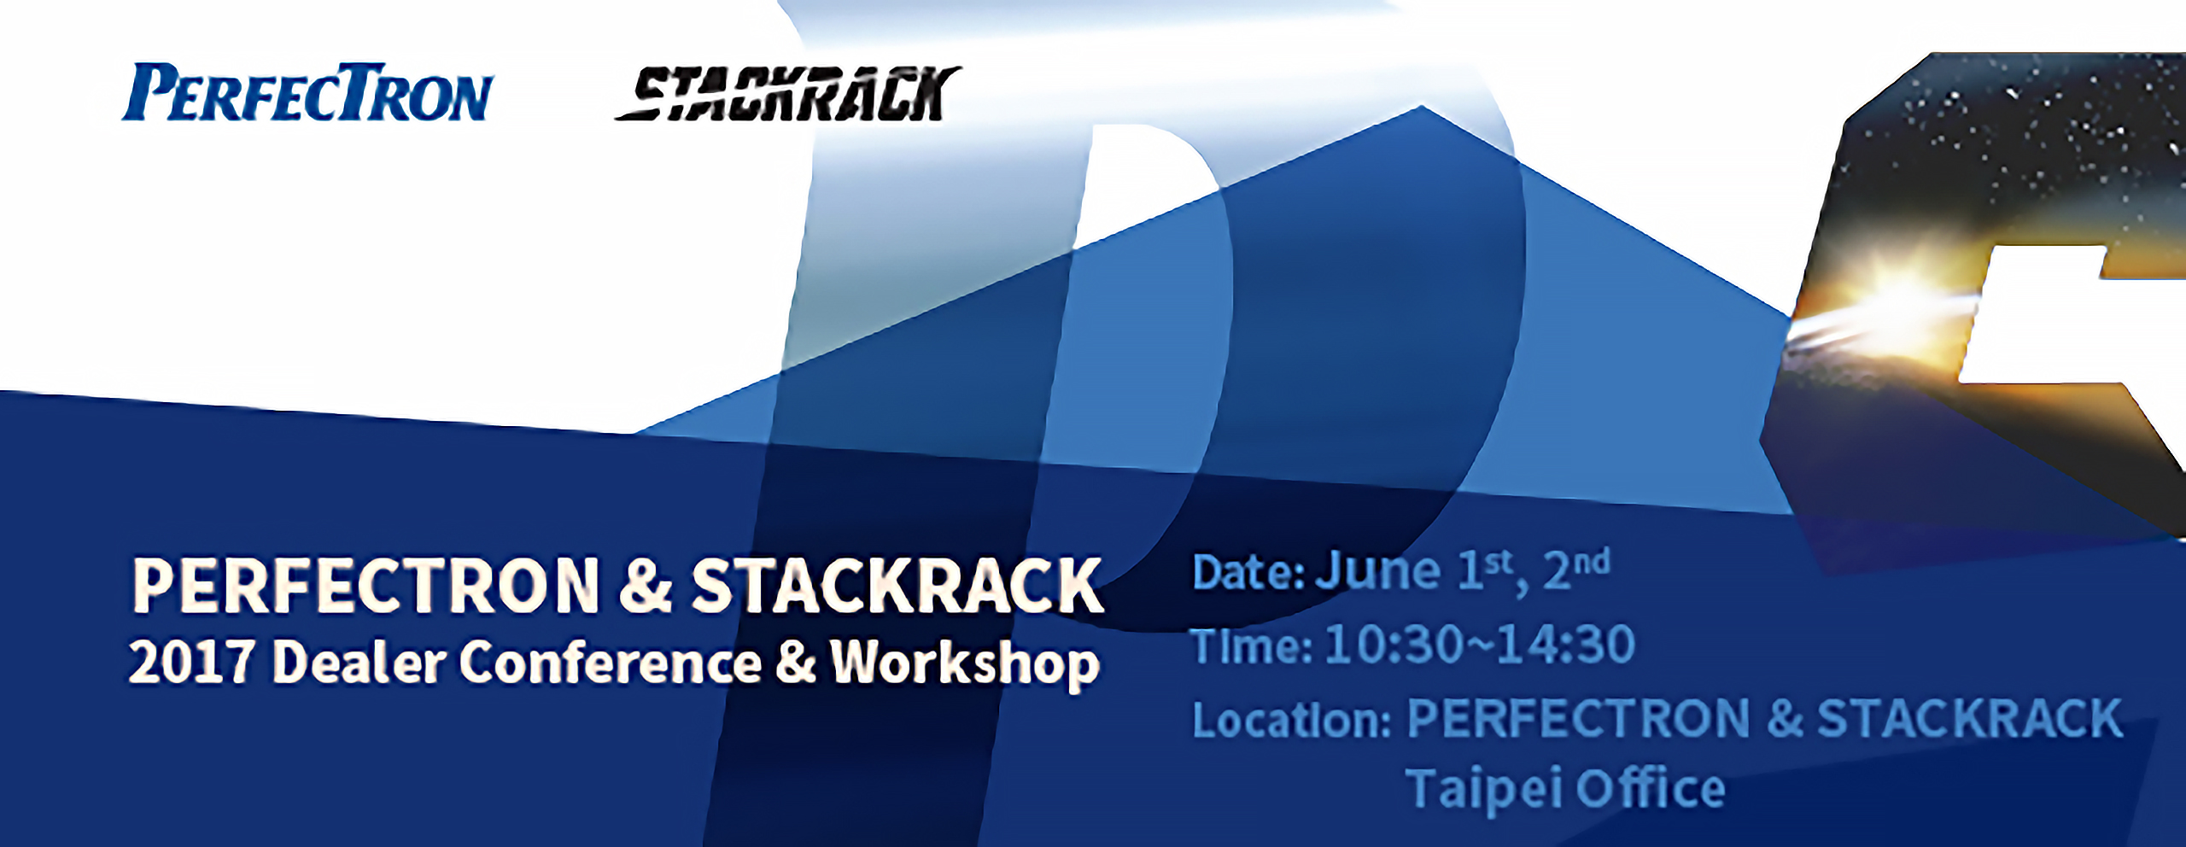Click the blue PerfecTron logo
[307, 92]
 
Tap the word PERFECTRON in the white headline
[365, 586]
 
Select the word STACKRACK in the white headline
[897, 586]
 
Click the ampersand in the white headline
[646, 586]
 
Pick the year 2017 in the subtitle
[190, 663]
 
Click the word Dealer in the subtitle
[359, 663]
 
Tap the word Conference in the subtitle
[610, 663]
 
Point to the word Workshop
[965, 663]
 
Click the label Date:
[1248, 573]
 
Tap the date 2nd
[1576, 569]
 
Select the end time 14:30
[1566, 645]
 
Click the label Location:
[1291, 720]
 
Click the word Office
[1650, 788]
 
